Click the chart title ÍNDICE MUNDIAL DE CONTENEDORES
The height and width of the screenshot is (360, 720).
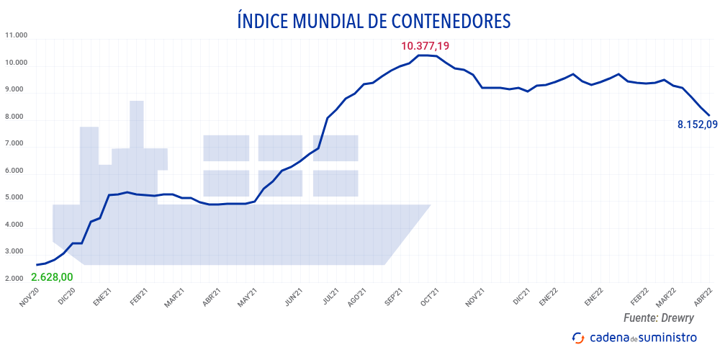(x=374, y=21)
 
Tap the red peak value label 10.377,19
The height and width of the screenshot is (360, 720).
(x=425, y=46)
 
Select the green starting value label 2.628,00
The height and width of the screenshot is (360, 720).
(x=52, y=277)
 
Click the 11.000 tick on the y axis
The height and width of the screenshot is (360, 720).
(x=16, y=35)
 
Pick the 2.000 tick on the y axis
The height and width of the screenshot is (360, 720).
(x=16, y=279)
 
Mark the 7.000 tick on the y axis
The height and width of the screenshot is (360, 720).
(x=16, y=143)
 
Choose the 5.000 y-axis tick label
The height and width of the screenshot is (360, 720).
(x=16, y=197)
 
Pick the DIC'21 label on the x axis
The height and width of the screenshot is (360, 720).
(x=521, y=298)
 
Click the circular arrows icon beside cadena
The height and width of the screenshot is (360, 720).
(x=577, y=338)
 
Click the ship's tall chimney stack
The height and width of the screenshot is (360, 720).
(x=137, y=124)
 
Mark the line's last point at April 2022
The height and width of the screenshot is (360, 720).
(x=710, y=115)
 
